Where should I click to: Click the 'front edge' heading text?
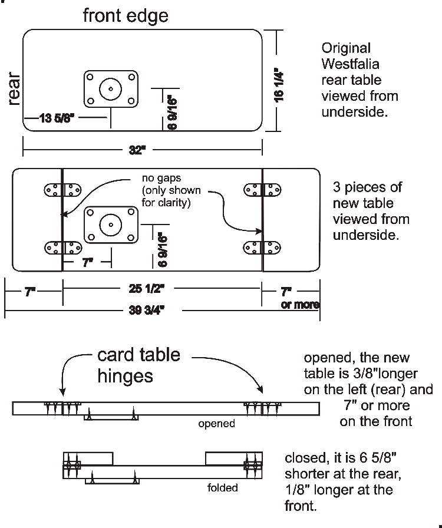[126, 16]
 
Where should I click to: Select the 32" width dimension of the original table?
[137, 150]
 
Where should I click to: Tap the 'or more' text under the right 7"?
[301, 305]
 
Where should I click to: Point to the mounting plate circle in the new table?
[110, 225]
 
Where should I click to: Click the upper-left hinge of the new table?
[62, 190]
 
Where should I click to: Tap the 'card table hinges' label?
[139, 365]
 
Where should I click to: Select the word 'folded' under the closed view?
[223, 487]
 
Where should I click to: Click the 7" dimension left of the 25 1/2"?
[33, 290]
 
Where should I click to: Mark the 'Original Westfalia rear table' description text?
[359, 80]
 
